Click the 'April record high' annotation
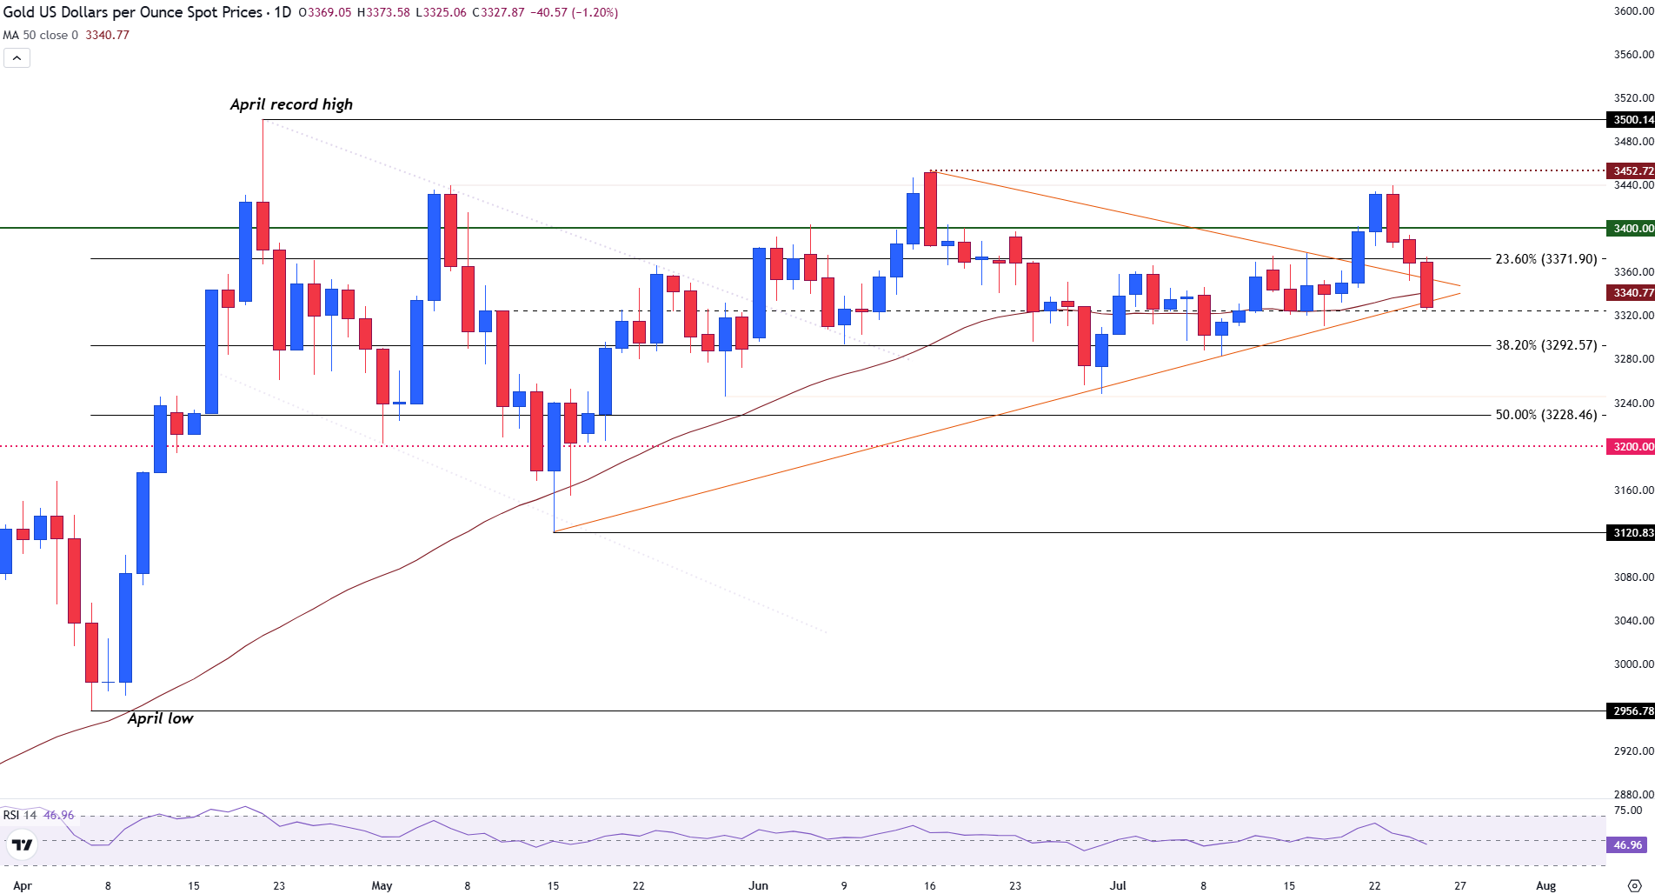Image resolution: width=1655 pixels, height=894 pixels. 291,104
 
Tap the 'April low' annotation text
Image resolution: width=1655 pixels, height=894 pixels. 160,718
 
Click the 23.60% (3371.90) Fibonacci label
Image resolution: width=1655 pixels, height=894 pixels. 1545,259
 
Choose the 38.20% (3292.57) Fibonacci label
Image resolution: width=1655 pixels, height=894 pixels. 1545,345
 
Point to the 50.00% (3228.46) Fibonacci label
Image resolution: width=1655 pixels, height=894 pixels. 1545,415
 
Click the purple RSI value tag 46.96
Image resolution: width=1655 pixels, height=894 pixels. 1627,845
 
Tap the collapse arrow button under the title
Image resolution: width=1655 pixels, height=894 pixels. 17,58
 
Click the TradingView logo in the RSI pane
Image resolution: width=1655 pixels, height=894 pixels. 22,844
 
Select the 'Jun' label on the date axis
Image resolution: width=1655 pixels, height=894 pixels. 758,886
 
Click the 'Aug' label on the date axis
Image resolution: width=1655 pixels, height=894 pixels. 1545,886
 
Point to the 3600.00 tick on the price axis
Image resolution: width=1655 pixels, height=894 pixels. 1632,11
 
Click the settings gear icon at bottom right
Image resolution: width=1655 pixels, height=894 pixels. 1633,886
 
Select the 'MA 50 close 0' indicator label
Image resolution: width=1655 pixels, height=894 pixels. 41,36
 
